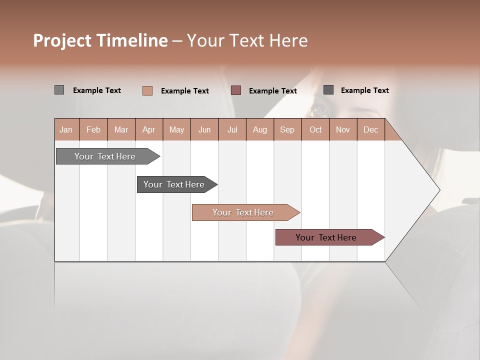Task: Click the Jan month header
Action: pos(66,129)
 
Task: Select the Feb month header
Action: pos(93,129)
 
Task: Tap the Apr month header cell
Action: pos(149,129)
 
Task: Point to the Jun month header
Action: pos(204,129)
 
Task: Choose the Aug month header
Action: pos(260,129)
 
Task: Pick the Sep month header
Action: pos(287,129)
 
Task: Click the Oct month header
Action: pos(315,129)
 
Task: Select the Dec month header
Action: pos(371,129)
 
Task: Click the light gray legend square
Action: pos(59,90)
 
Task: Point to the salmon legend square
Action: pos(147,90)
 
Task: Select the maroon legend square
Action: pos(236,90)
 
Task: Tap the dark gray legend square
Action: pos(328,90)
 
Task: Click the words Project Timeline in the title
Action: pos(100,40)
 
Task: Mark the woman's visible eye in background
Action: pos(319,110)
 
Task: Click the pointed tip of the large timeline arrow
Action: pos(439,190)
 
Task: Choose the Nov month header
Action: pos(343,129)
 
